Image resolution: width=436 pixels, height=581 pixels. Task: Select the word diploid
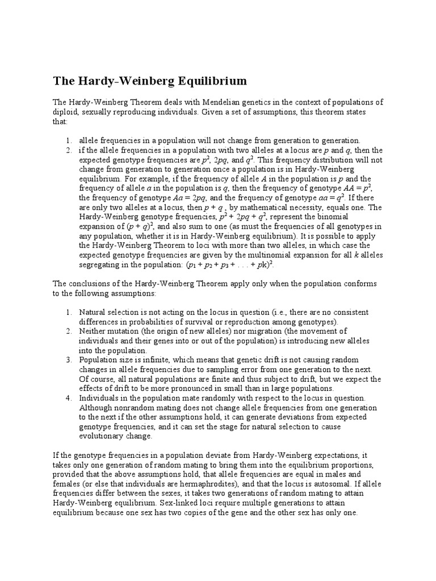coord(66,112)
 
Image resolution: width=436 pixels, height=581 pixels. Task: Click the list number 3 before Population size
coord(68,360)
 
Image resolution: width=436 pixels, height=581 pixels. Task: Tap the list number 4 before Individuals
coord(68,398)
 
